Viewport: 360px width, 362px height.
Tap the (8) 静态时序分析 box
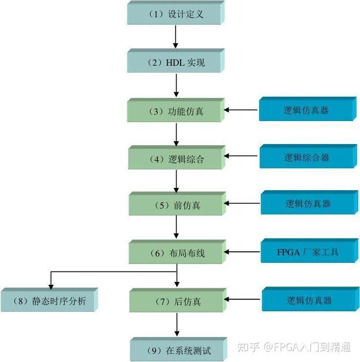[49, 301]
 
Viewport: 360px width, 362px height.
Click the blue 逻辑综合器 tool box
[306, 157]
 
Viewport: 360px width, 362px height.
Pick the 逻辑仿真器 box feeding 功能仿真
[306, 110]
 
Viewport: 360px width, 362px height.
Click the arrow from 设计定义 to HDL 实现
[175, 37]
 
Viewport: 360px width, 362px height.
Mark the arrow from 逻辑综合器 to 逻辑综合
[242, 156]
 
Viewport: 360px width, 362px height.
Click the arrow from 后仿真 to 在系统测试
[176, 326]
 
